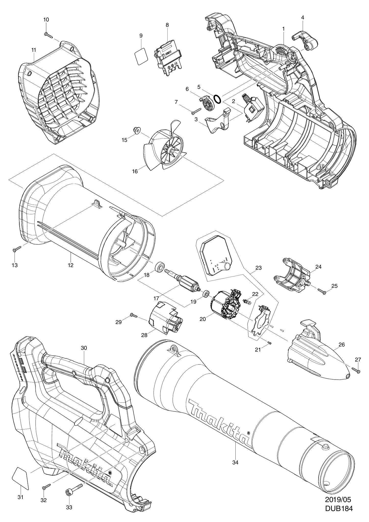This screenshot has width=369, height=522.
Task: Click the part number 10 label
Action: tap(46, 20)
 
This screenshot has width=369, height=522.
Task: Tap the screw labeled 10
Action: tap(48, 35)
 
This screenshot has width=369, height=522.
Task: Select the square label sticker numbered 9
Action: tap(141, 56)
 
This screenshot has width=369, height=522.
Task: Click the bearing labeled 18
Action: tap(160, 268)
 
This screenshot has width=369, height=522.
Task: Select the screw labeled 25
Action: tap(322, 291)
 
